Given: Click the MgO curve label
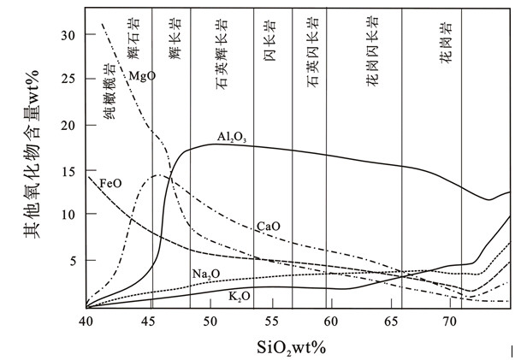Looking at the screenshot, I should [x=141, y=77].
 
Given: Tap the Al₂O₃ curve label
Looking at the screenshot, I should [x=231, y=137].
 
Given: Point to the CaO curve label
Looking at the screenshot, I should [x=269, y=227].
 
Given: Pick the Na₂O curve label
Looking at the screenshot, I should [x=204, y=274].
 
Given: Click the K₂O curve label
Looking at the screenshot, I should [x=240, y=296].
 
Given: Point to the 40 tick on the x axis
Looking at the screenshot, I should [x=86, y=321].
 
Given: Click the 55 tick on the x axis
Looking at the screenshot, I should [x=270, y=321].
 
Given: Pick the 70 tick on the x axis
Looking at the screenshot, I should [x=454, y=321].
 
